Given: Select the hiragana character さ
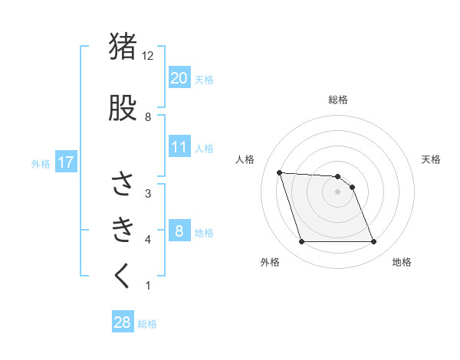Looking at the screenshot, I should pyautogui.click(x=123, y=184).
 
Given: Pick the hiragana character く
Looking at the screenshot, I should pyautogui.click(x=123, y=276).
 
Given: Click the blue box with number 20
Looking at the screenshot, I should pyautogui.click(x=179, y=78).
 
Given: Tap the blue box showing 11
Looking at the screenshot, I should pyautogui.click(x=179, y=147).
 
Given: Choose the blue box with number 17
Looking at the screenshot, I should pyautogui.click(x=65, y=162).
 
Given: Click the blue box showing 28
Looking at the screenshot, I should pyautogui.click(x=123, y=322).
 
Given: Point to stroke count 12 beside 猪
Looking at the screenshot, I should pyautogui.click(x=148, y=55).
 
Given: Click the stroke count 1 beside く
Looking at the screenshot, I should pyautogui.click(x=148, y=286).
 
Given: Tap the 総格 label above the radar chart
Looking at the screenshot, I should pyautogui.click(x=338, y=100).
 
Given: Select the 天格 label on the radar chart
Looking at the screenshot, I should pyautogui.click(x=432, y=159).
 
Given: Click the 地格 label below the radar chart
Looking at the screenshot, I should pyautogui.click(x=402, y=263).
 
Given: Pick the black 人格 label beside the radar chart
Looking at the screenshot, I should pyautogui.click(x=245, y=159).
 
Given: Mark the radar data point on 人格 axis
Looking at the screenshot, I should pyautogui.click(x=279, y=172).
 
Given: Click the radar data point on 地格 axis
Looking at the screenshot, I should pyautogui.click(x=374, y=242).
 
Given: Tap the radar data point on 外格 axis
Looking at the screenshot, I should pyautogui.click(x=301, y=242).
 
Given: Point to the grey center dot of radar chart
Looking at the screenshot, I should pyautogui.click(x=338, y=191).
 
